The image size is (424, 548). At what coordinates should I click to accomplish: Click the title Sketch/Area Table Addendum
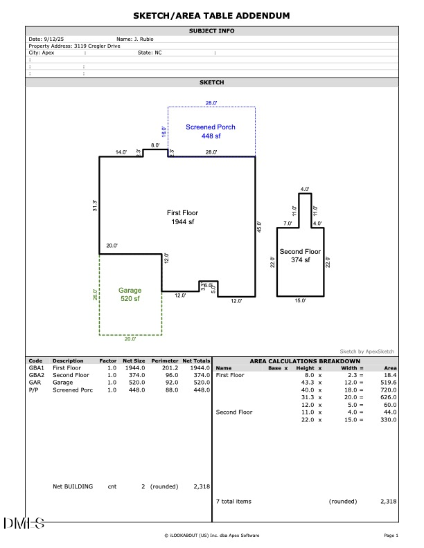coord(212,15)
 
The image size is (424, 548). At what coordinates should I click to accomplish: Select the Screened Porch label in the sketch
coord(211,131)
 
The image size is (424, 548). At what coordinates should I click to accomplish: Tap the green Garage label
coord(130,295)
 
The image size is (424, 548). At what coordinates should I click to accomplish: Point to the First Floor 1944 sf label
coord(182,217)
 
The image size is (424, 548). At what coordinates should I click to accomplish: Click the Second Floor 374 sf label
coord(300,256)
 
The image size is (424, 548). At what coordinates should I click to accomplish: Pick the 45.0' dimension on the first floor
coord(260,226)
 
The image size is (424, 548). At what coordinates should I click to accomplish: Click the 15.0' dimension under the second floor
coord(300,301)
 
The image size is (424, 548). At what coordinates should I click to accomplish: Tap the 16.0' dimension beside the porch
coord(164,131)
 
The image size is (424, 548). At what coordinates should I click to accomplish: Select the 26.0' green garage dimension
coord(95,294)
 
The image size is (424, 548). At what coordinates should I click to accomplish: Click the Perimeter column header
coord(165,361)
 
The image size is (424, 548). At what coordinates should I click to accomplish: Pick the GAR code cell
coord(35,383)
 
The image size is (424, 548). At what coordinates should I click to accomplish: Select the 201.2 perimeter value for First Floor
coord(168,368)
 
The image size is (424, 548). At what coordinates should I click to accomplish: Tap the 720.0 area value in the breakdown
coord(388,390)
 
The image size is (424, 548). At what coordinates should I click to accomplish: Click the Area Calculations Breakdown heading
coord(305,361)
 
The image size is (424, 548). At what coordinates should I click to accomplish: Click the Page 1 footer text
coord(391,536)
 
